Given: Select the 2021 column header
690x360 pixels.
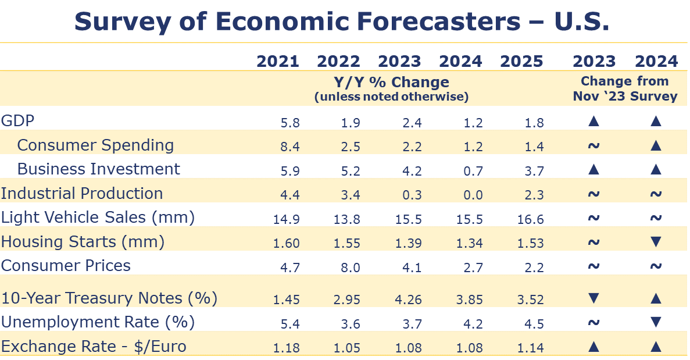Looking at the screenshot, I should pyautogui.click(x=278, y=61).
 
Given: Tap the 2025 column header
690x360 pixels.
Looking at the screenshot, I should pyautogui.click(x=521, y=61).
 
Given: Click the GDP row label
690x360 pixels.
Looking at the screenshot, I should pyautogui.click(x=18, y=121).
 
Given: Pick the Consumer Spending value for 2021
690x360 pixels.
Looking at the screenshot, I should pyautogui.click(x=289, y=147).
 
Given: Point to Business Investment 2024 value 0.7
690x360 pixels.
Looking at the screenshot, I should pyautogui.click(x=473, y=172).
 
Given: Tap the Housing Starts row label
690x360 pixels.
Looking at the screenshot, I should pyautogui.click(x=83, y=241).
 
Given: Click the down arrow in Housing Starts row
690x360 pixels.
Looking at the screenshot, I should pyautogui.click(x=656, y=242).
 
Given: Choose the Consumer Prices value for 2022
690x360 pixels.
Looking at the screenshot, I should pyautogui.click(x=351, y=268).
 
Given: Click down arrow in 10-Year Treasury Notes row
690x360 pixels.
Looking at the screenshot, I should pyautogui.click(x=594, y=299).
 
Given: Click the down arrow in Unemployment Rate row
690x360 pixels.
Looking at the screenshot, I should pyautogui.click(x=656, y=322).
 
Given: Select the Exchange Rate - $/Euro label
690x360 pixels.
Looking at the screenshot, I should pyautogui.click(x=94, y=347).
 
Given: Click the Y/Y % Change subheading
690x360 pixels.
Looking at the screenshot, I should pyautogui.click(x=391, y=82).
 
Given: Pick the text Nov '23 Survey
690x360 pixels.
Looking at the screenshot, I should pyautogui.click(x=625, y=96).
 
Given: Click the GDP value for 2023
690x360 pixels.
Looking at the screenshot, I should pyautogui.click(x=412, y=123).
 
